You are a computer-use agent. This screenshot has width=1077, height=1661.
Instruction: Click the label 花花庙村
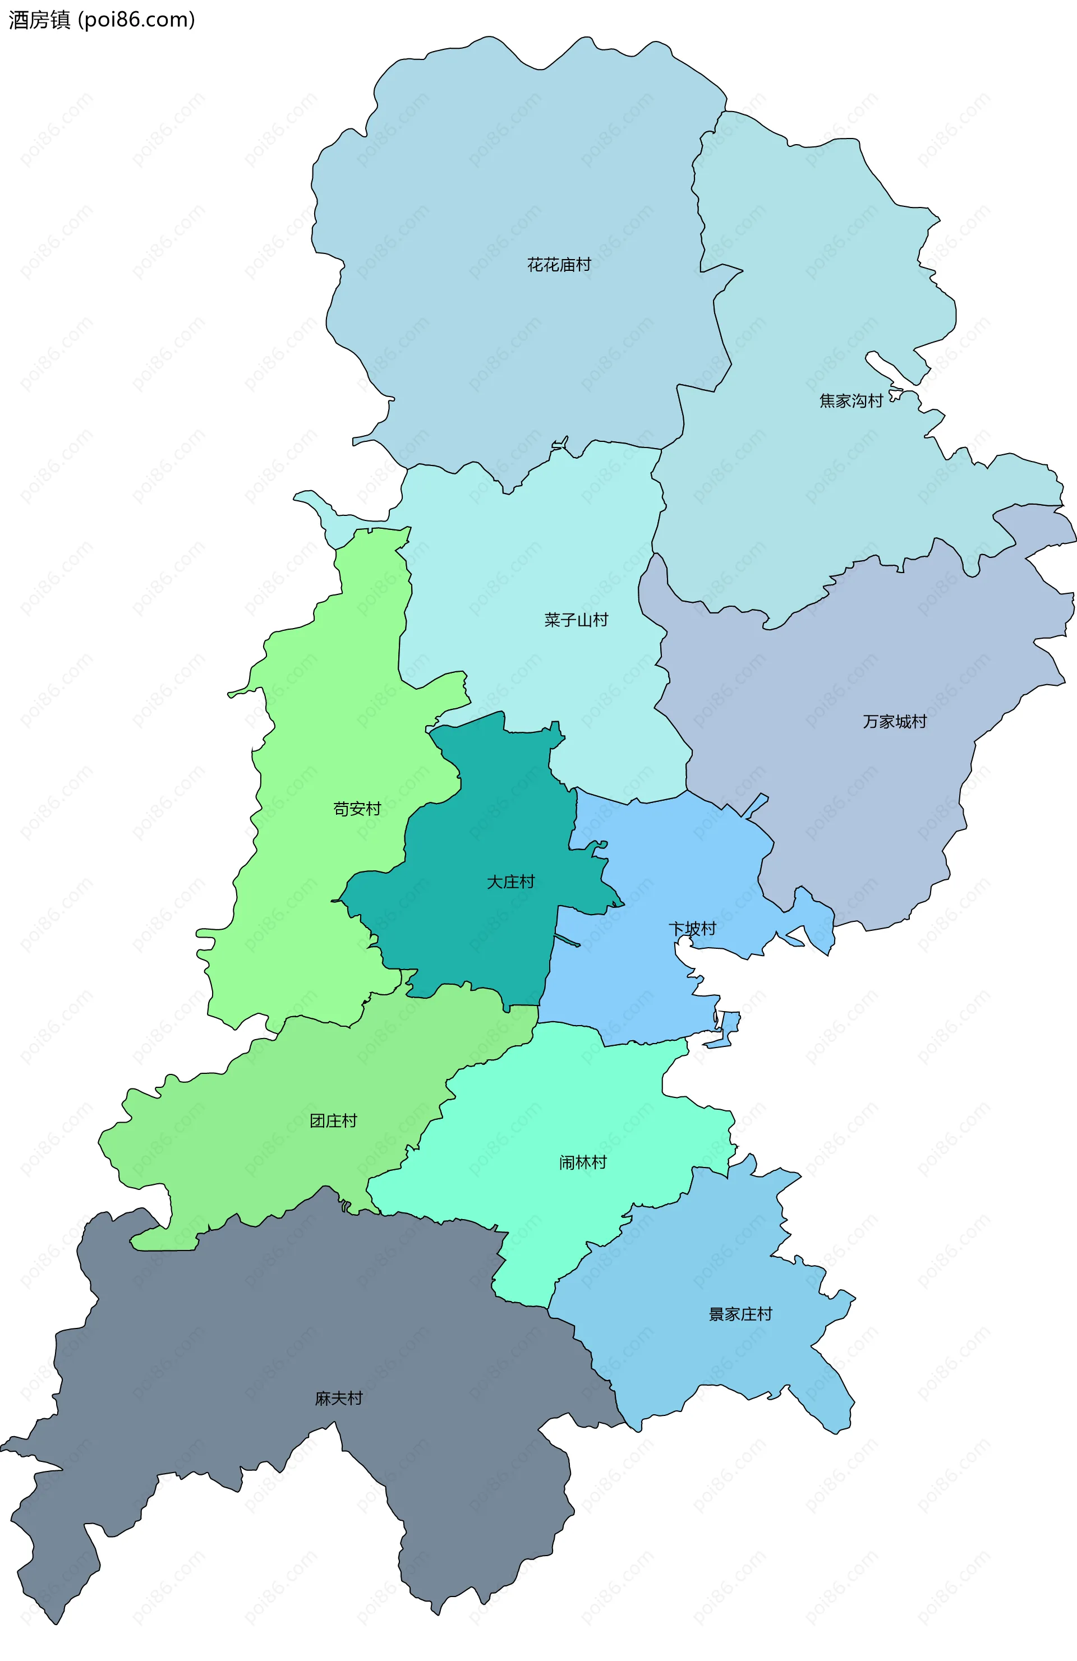click(x=558, y=265)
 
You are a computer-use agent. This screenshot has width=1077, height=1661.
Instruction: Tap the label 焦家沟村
click(x=851, y=400)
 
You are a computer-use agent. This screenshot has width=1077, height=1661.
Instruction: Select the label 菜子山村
click(x=576, y=620)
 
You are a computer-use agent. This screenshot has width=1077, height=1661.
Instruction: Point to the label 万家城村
click(x=894, y=722)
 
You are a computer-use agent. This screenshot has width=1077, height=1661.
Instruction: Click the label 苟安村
click(x=357, y=809)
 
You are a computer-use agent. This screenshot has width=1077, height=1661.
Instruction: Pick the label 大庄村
click(x=510, y=882)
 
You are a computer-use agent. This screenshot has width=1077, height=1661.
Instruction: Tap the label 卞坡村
click(x=692, y=929)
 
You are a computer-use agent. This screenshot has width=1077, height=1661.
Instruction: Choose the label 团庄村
click(x=333, y=1121)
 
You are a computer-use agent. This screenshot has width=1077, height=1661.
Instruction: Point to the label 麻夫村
click(x=338, y=1399)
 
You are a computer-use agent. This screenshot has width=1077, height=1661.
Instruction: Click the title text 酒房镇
click(x=39, y=20)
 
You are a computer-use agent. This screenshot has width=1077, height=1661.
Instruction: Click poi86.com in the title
click(x=136, y=20)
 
